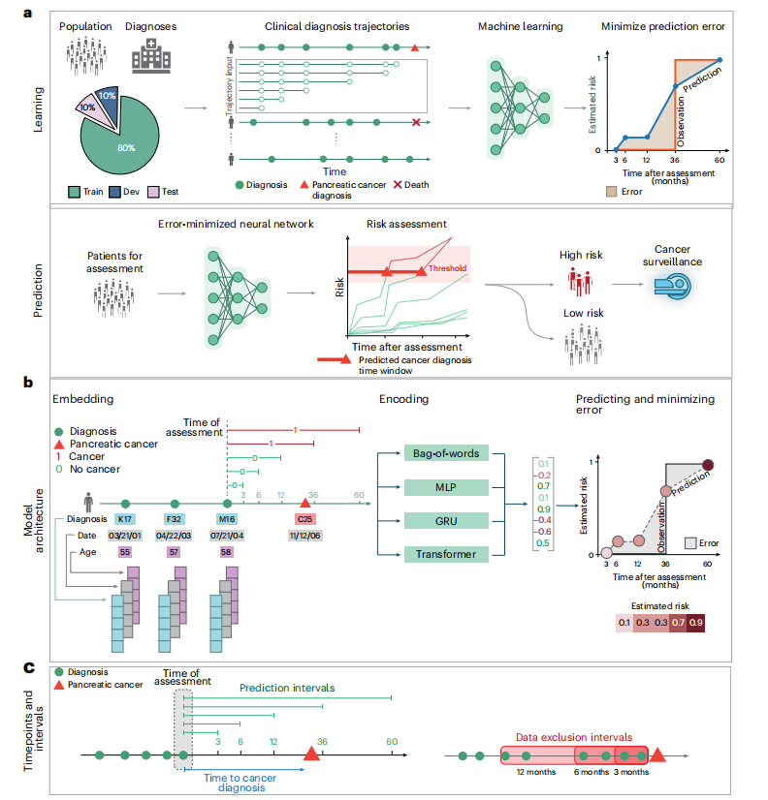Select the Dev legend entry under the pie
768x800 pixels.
112,192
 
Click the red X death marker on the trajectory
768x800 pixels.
416,122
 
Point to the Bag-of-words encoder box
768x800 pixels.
446,452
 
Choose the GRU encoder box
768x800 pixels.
446,520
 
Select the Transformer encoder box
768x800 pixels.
446,554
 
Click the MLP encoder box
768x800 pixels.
446,486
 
